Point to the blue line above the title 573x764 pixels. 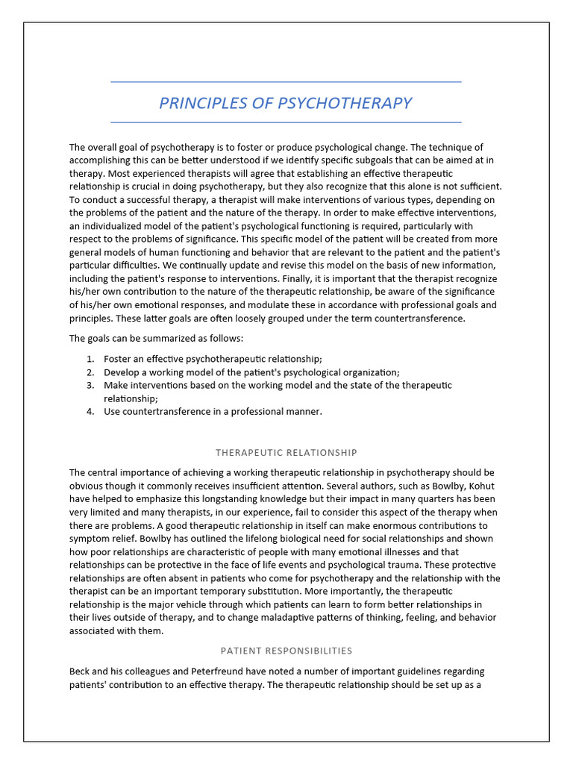tap(286, 82)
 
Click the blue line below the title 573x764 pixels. tap(286, 122)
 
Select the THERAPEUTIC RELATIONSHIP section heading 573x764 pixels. tap(286, 452)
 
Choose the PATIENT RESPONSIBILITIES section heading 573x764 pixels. tap(286, 651)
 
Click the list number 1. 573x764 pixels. tap(90, 359)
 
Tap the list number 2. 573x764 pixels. tap(90, 372)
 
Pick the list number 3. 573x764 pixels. tap(90, 385)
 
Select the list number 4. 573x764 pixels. tap(90, 411)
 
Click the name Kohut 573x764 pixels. tap(481, 486)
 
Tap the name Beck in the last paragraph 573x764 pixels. tap(81, 671)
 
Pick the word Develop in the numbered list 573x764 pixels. tap(122, 372)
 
